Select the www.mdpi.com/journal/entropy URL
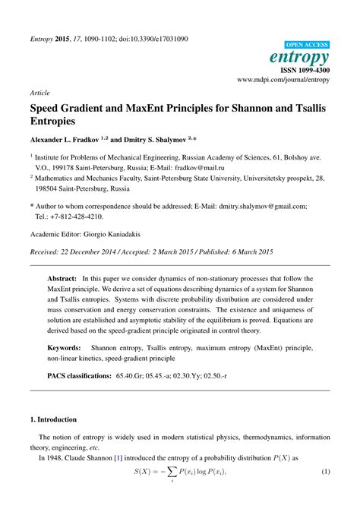pyautogui.click(x=283, y=78)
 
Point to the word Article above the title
pyautogui.click(x=40, y=91)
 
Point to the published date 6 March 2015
pyautogui.click(x=245, y=251)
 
